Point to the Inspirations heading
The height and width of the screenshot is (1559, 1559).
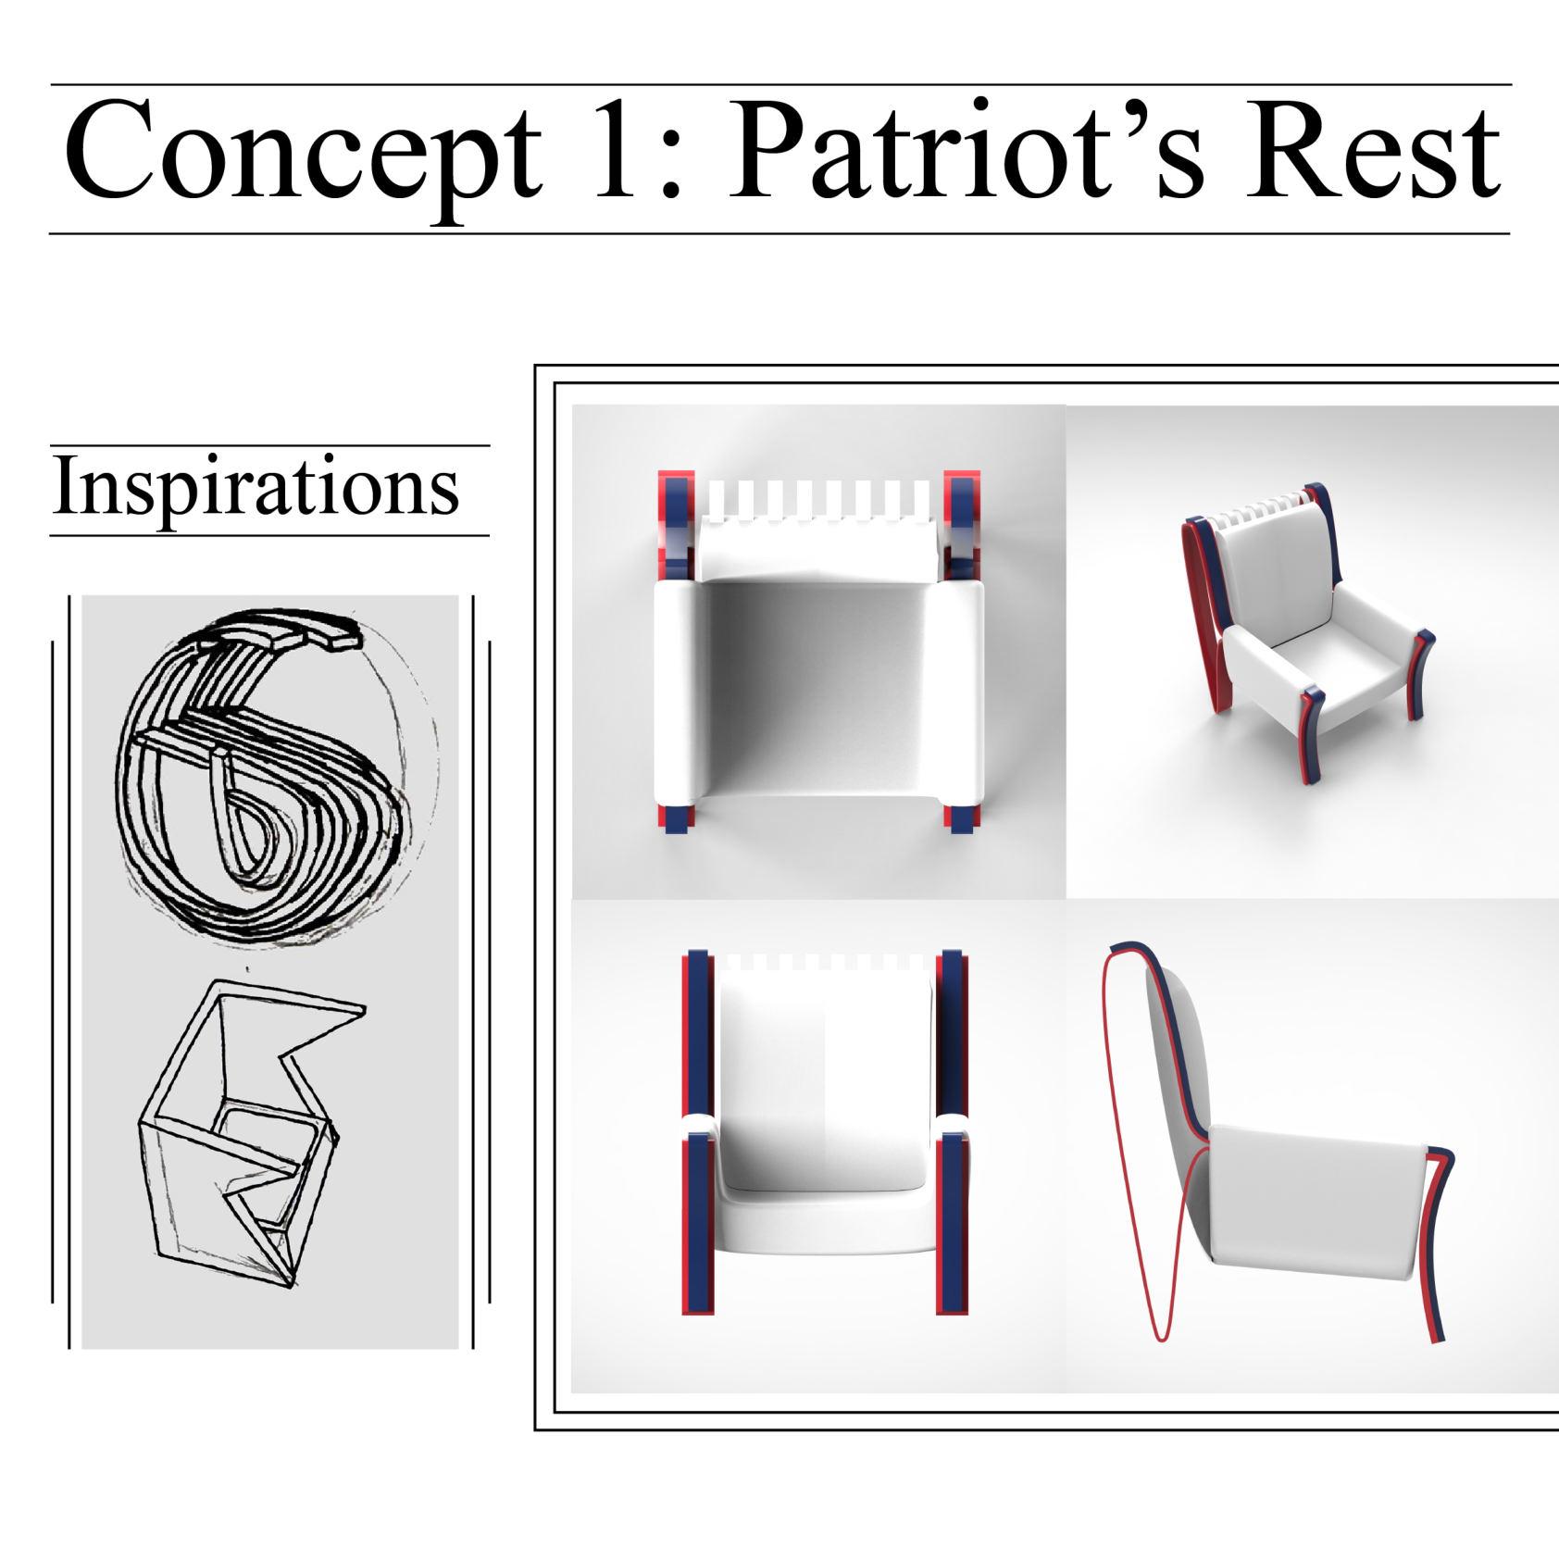(x=256, y=488)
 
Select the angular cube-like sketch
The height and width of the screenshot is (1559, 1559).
(x=248, y=1131)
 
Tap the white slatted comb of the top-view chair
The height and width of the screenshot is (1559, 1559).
(x=820, y=500)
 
